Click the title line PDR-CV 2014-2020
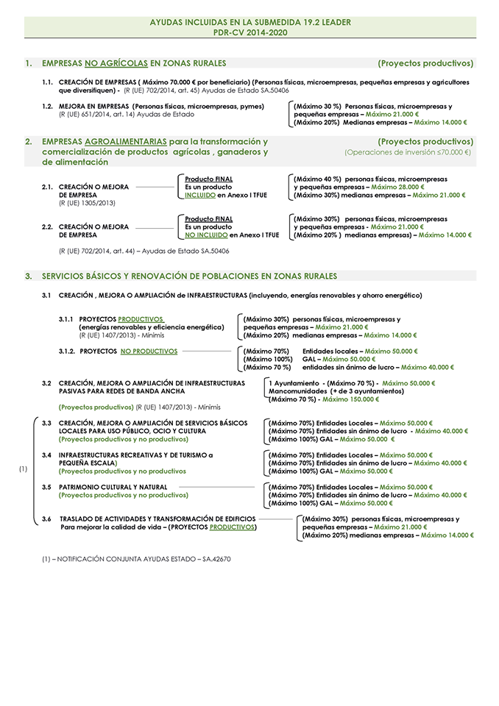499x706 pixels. (249, 33)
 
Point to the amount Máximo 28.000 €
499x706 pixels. (397, 188)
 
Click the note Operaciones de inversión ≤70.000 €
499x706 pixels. (408, 152)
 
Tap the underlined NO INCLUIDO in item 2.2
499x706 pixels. (205, 235)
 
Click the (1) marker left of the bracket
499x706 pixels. (24, 469)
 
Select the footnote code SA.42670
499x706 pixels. (211, 559)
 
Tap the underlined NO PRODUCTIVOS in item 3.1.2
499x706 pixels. (149, 352)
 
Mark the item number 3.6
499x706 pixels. (46, 518)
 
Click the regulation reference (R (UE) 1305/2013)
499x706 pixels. (87, 202)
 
